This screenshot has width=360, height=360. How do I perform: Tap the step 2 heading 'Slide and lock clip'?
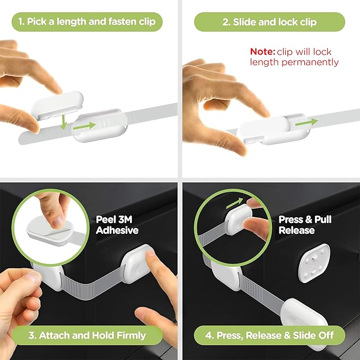coord(269,22)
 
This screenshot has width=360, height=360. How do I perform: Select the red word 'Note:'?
coord(262,51)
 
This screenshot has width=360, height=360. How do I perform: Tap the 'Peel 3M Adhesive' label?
coord(117,224)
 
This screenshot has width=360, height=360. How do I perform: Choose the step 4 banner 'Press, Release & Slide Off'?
coord(269,336)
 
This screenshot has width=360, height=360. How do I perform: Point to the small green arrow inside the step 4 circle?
coord(233,203)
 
